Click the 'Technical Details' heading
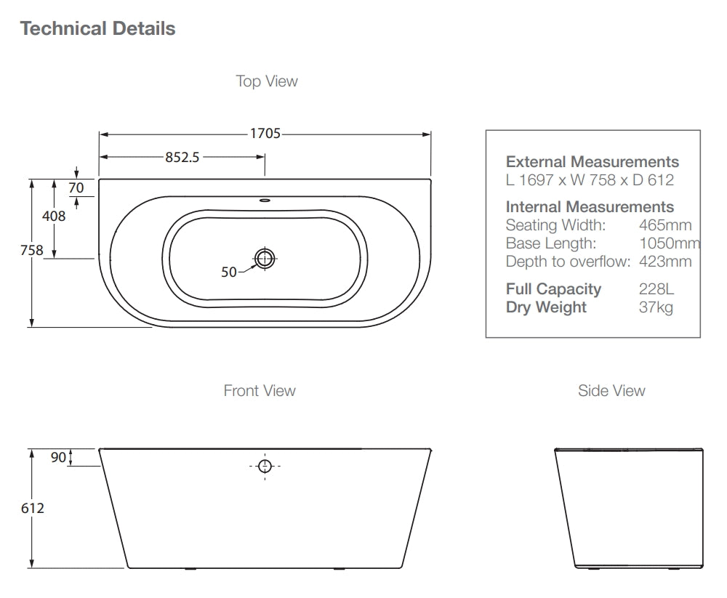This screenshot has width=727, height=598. click(97, 29)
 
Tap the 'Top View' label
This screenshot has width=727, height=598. click(266, 81)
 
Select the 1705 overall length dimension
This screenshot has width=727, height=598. click(265, 134)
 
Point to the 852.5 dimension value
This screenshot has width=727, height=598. click(182, 157)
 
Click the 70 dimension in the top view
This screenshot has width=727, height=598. click(76, 187)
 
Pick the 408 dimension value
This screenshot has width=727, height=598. click(54, 216)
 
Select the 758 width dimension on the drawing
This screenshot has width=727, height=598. click(32, 251)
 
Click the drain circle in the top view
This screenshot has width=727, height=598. click(265, 257)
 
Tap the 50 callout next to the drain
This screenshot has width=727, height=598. click(229, 272)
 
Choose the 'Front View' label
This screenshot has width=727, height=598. click(260, 391)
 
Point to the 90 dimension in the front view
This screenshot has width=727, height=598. click(58, 457)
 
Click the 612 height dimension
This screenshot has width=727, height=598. click(32, 508)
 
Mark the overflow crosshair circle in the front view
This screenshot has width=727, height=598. click(265, 466)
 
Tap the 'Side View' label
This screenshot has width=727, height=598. click(611, 391)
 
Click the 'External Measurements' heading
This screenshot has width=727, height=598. click(592, 162)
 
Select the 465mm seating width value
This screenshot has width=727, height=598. click(665, 225)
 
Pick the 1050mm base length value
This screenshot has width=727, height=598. click(669, 243)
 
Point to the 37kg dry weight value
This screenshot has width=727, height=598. click(656, 307)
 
